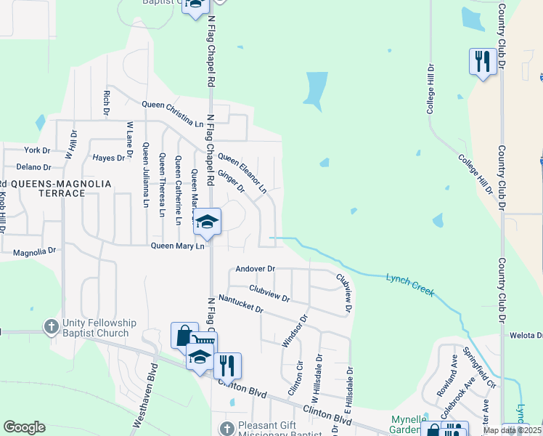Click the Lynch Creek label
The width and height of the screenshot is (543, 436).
(410, 284)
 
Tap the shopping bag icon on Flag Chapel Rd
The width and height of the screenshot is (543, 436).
(184, 335)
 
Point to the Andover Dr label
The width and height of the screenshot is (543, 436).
(256, 269)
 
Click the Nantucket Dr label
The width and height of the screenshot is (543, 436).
(240, 304)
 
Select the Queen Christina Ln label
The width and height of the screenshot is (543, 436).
(173, 113)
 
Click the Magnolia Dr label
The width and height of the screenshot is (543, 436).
(35, 251)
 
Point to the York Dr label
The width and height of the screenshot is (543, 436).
(37, 150)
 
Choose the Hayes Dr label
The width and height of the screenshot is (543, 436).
(110, 158)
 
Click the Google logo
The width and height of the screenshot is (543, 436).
(24, 427)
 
